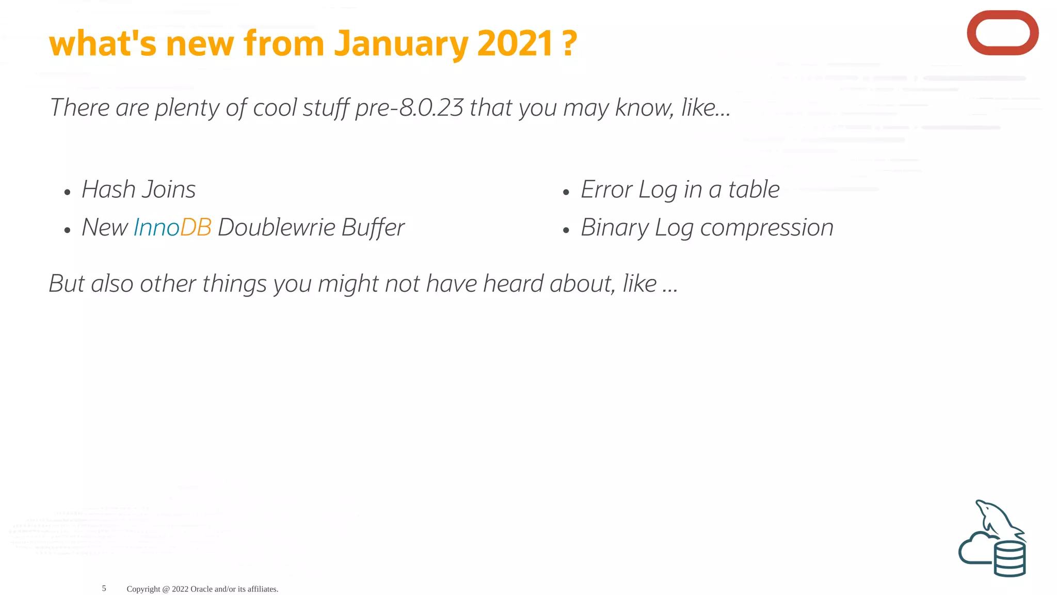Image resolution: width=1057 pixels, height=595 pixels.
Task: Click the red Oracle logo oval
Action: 1002,33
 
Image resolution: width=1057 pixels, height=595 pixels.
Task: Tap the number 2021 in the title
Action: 515,44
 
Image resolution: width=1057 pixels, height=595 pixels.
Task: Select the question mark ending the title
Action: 569,44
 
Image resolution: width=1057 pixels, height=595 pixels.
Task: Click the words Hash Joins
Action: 138,190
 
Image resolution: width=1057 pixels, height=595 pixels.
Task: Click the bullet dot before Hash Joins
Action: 67,193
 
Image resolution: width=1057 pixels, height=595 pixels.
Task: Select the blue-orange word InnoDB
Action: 172,228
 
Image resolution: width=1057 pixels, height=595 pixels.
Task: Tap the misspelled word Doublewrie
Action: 277,228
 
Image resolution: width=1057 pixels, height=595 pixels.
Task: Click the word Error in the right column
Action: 606,190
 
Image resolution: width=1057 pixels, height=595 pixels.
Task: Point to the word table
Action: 754,190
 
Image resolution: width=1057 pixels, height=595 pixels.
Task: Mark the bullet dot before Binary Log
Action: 566,231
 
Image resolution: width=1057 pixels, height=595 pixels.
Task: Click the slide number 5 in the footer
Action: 104,588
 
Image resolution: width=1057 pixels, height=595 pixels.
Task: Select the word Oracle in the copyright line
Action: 201,589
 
